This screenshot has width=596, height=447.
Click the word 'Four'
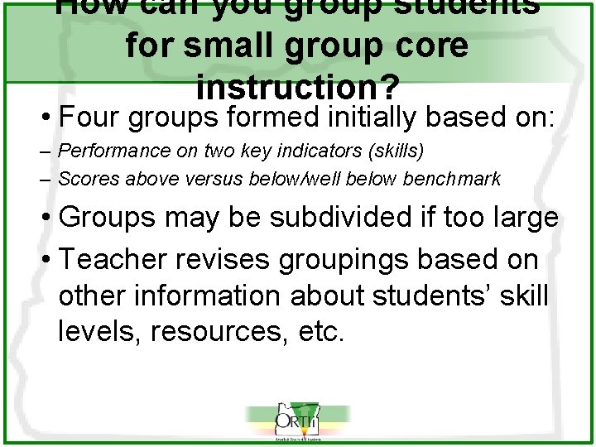click(90, 118)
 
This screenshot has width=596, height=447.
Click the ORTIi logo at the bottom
click(297, 421)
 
